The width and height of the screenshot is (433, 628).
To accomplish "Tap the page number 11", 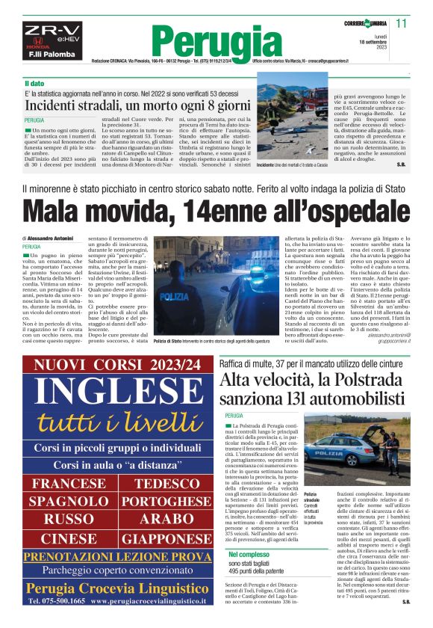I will click(x=402, y=23).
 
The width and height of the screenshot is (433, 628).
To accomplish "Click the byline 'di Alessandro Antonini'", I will click(x=50, y=236).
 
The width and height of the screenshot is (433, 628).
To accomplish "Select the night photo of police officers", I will click(x=211, y=274).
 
